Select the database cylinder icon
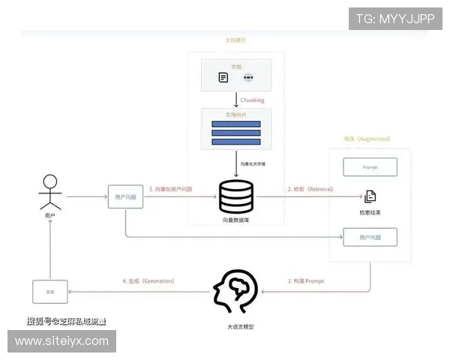point(236,196)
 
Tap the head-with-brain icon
point(235,292)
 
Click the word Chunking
point(252,100)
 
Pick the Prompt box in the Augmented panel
point(370,166)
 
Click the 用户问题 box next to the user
point(124,197)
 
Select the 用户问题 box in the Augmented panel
point(370,238)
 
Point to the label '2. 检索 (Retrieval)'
point(310,189)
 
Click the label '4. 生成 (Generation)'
point(148,281)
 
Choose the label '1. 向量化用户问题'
point(170,189)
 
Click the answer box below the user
point(50,291)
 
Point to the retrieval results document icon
point(370,197)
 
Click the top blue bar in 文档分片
point(236,124)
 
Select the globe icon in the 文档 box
point(249,77)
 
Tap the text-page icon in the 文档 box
point(223,77)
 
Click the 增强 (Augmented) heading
point(367,139)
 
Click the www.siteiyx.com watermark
point(62,341)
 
